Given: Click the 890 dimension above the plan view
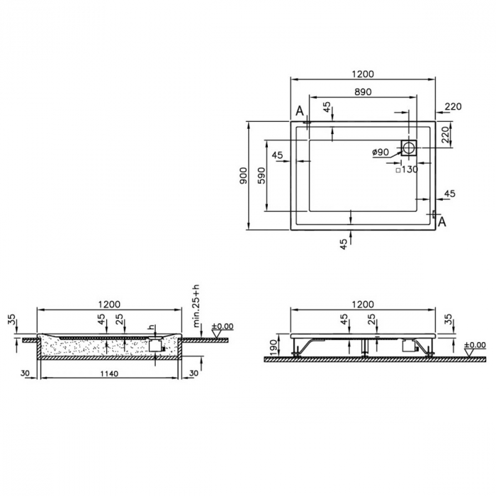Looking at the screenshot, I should [362, 91].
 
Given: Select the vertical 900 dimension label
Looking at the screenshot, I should [242, 175].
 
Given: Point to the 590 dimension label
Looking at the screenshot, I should [261, 175].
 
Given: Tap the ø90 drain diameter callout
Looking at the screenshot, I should [381, 152].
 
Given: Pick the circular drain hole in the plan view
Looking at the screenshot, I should [409, 147].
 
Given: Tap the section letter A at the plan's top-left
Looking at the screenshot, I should [300, 111].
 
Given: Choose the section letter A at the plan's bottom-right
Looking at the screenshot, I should [442, 222].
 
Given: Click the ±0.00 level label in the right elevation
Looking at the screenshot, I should [475, 345].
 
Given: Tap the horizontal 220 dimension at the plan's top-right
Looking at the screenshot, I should [453, 107].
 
